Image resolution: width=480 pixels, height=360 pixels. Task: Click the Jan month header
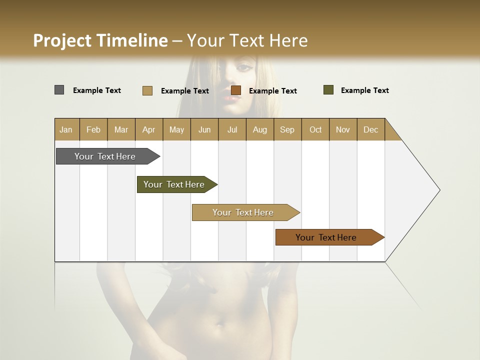[66, 129]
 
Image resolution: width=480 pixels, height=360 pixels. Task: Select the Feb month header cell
[93, 129]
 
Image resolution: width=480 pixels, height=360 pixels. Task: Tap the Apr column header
[148, 129]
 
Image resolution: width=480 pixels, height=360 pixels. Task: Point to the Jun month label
[204, 129]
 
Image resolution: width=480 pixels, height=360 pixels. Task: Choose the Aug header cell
[259, 129]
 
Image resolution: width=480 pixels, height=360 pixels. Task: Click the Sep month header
[287, 129]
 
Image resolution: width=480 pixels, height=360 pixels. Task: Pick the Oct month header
[315, 129]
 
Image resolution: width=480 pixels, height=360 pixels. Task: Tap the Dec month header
[370, 129]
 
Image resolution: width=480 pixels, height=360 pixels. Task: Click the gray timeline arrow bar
[105, 156]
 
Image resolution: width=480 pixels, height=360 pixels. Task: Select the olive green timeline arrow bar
[174, 184]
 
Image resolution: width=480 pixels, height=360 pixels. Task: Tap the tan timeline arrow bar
[243, 212]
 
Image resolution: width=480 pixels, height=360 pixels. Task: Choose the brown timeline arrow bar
[326, 237]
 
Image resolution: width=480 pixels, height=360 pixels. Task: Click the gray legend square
[59, 90]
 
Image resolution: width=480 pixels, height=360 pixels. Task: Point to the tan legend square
[147, 90]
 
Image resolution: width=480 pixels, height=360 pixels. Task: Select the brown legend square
[236, 90]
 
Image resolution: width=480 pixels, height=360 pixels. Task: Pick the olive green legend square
[328, 90]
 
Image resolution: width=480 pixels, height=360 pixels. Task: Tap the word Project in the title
[62, 40]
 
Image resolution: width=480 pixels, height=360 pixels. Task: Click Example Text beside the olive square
[364, 90]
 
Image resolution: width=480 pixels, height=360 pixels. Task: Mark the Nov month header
[343, 129]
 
